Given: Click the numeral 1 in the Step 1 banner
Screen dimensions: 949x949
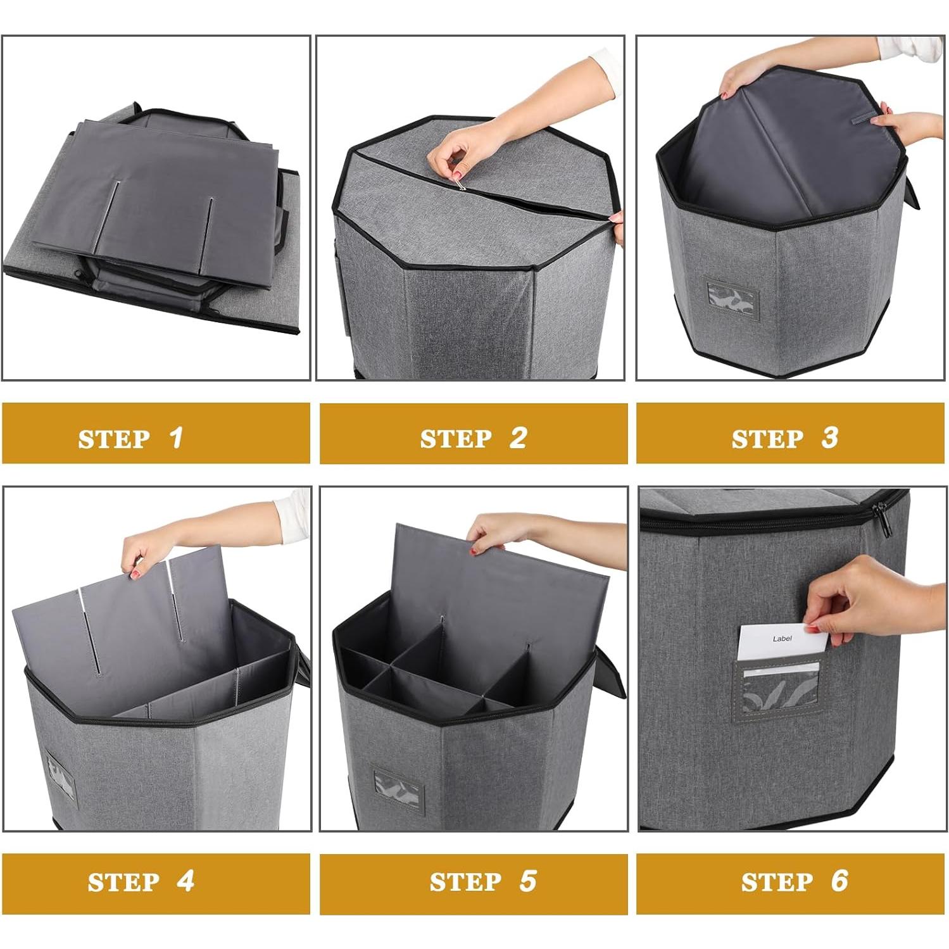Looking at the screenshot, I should click(177, 437).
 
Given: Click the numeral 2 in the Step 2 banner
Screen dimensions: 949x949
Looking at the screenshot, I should click(518, 437).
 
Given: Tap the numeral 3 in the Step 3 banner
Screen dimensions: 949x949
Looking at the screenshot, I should click(830, 437).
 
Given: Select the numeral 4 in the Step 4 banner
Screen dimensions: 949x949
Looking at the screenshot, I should click(185, 881).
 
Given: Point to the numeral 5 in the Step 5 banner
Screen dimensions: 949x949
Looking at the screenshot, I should click(528, 881).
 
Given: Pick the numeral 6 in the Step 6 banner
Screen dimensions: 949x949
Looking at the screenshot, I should click(839, 881).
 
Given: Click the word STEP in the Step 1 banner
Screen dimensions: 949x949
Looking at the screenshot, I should click(114, 439).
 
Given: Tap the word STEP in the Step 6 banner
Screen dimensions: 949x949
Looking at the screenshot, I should click(777, 883).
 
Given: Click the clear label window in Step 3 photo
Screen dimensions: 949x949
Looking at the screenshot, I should click(732, 299).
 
